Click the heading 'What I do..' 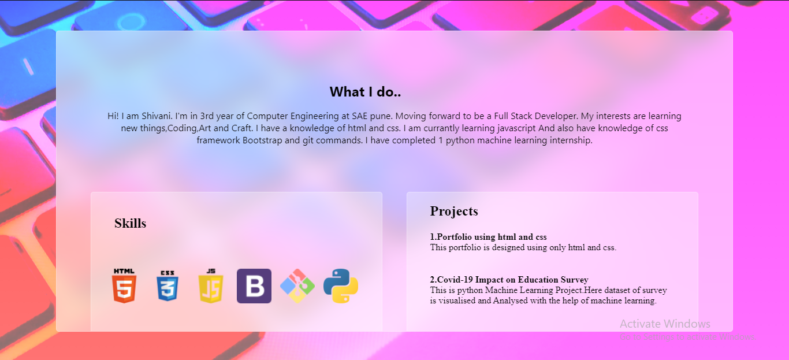coord(365,92)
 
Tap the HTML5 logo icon coord(124,285)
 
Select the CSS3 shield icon coord(168,285)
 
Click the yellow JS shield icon coord(211,285)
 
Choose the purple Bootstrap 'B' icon coord(254,285)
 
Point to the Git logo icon coord(297,285)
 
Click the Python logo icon coord(341,285)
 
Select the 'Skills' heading coord(130,224)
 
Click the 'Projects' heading coord(454,211)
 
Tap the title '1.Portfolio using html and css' coord(488,237)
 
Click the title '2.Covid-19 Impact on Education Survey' coord(509,280)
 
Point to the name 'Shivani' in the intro coord(154,116)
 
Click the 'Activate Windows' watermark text coord(665,324)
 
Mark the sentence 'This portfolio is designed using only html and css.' coord(523,248)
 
